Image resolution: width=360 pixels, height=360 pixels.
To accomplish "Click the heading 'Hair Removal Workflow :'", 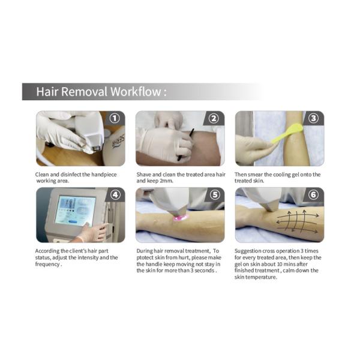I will (x=101, y=92).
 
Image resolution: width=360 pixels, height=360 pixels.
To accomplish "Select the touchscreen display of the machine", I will (x=75, y=210).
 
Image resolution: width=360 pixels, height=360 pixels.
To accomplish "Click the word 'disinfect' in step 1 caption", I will (x=76, y=175).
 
